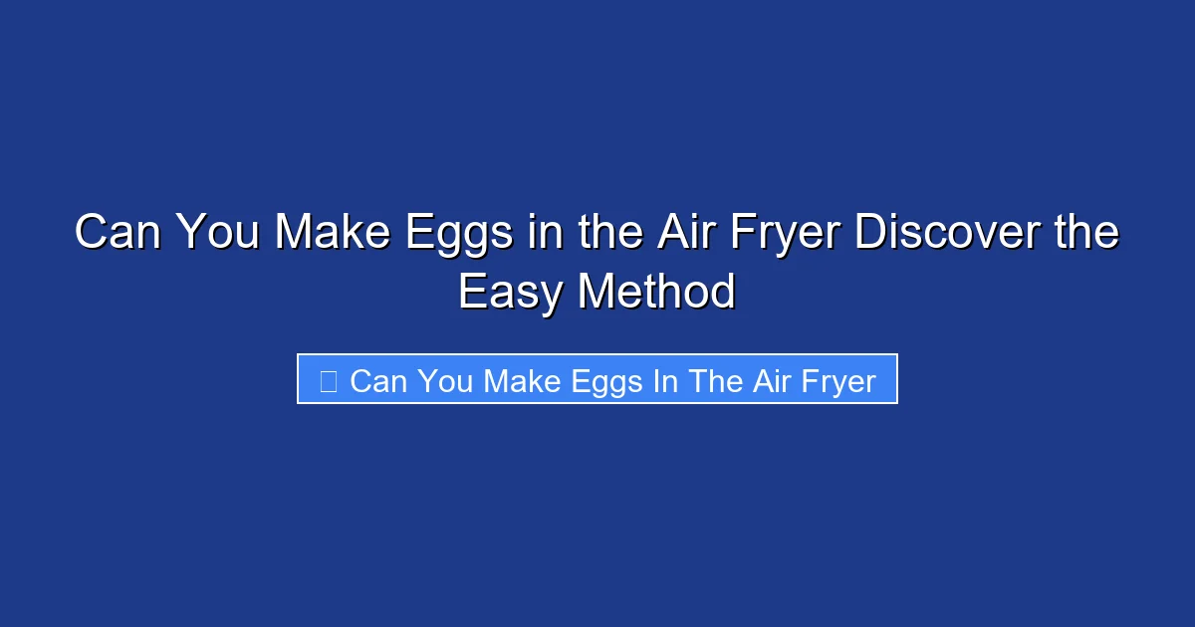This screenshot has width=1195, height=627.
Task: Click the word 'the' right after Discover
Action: pos(1087,234)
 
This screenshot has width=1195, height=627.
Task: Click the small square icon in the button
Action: pos(328,380)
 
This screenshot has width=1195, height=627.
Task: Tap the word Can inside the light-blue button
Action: pos(379,381)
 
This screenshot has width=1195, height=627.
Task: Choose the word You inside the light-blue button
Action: pos(445,381)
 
